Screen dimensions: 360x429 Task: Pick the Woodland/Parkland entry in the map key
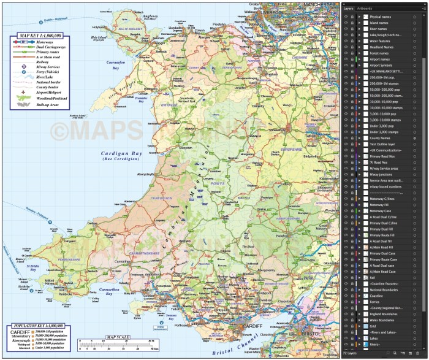51,98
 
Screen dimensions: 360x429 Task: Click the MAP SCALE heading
118,337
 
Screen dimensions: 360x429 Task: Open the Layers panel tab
348,9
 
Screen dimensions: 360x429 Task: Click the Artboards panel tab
364,9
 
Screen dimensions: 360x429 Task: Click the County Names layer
381,139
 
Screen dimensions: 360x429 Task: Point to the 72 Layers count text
350,354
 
